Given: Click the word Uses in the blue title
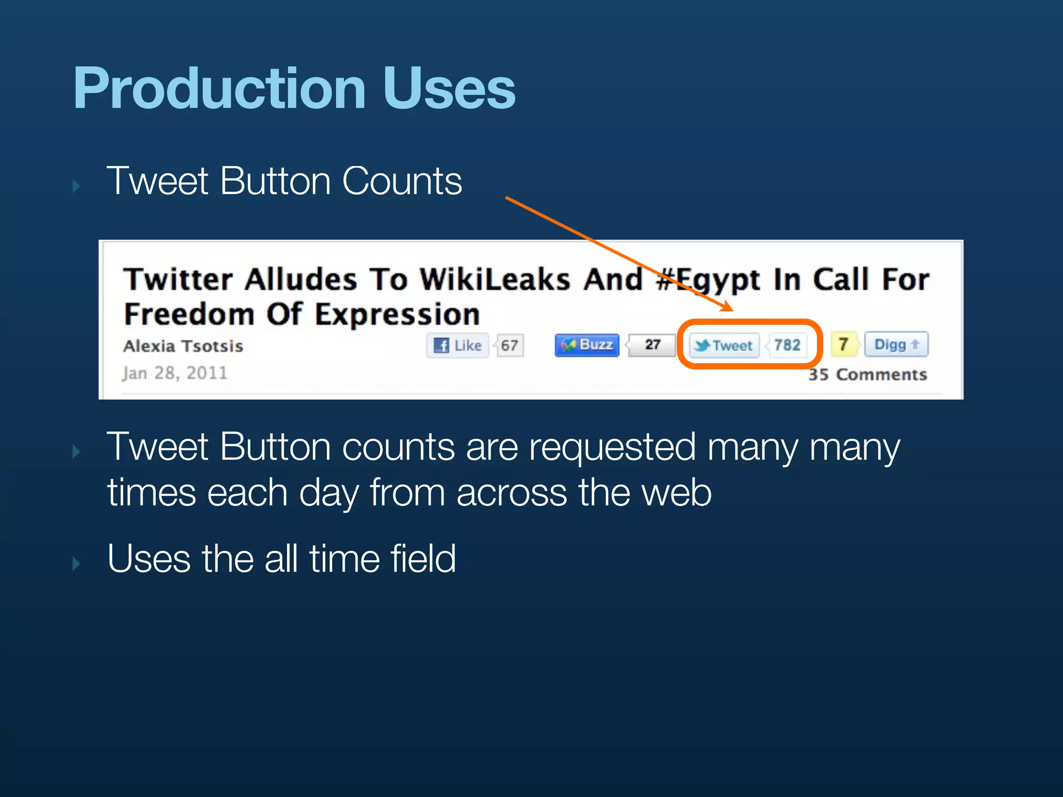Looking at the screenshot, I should point(449,89).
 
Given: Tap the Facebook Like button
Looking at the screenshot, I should point(457,346).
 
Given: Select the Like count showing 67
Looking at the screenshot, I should point(509,346).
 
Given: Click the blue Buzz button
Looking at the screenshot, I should point(587,345).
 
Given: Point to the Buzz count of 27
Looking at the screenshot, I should point(652,345).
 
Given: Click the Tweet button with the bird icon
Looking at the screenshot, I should point(724,346).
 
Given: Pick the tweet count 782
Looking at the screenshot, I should point(787,345).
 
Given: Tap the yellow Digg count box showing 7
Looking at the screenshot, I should point(843,345).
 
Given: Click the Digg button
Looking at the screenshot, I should point(896,345).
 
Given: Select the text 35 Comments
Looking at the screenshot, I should point(867,375).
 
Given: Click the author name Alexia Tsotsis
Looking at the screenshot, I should point(183,346).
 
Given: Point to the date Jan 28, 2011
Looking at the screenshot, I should point(175,373).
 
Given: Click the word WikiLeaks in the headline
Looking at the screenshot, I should point(495,280).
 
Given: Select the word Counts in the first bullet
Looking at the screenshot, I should point(402,182).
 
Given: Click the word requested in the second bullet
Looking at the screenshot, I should point(612,447).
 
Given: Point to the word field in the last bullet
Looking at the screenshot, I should point(423,559).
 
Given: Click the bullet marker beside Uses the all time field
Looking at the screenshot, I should point(76,564).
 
